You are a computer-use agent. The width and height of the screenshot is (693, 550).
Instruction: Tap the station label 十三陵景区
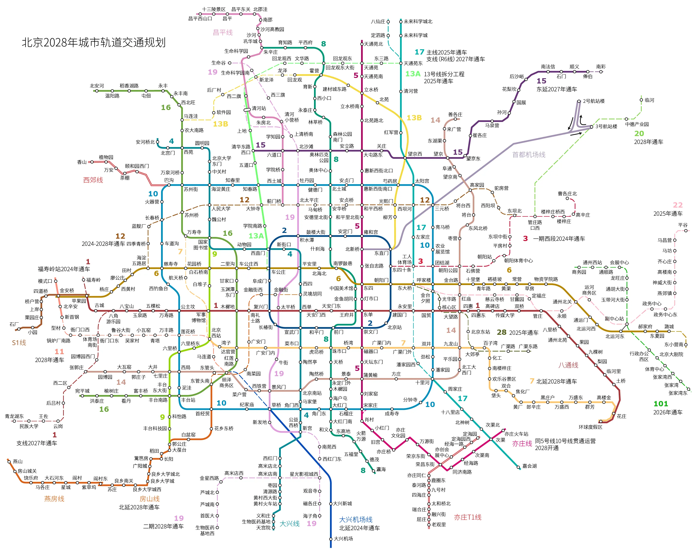click(213, 9)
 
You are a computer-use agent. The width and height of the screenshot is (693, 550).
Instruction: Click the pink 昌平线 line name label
click(222, 33)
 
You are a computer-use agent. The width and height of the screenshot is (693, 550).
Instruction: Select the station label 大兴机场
click(343, 539)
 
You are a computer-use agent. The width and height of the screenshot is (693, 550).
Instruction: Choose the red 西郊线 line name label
click(93, 180)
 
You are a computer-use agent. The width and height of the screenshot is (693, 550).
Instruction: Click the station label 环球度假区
click(590, 427)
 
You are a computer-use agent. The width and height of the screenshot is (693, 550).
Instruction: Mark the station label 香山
click(82, 162)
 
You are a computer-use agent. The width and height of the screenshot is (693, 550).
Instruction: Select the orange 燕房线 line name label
click(54, 499)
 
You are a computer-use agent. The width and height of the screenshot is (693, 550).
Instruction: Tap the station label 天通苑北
click(373, 44)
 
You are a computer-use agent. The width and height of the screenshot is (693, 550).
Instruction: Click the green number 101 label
click(661, 404)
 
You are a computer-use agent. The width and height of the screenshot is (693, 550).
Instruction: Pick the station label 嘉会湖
click(529, 466)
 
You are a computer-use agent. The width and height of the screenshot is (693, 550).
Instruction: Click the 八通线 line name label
click(568, 365)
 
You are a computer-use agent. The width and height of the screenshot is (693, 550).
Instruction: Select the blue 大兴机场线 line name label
click(356, 519)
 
